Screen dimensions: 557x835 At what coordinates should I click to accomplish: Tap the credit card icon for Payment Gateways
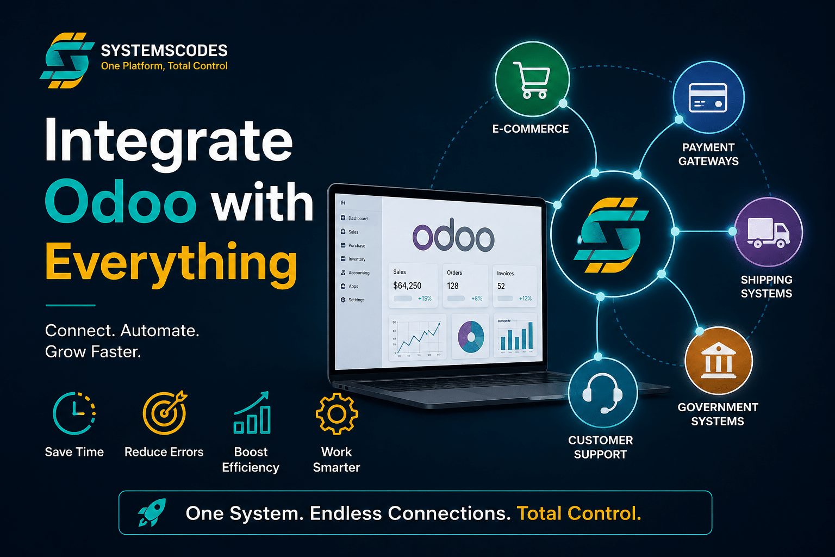click(708, 98)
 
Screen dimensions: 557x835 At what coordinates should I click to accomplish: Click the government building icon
click(719, 360)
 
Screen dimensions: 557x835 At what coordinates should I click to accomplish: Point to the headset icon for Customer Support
click(602, 393)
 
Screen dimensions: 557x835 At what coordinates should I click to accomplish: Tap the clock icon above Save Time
click(74, 413)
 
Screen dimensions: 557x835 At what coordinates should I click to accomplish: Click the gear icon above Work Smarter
click(337, 414)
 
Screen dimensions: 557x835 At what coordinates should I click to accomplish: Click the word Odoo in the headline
click(120, 202)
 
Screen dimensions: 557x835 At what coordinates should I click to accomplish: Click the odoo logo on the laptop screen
click(453, 237)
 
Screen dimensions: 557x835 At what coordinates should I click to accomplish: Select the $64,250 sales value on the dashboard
click(407, 286)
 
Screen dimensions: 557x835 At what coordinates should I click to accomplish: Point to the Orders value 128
click(453, 286)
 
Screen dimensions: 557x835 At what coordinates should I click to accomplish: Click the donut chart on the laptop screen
click(471, 336)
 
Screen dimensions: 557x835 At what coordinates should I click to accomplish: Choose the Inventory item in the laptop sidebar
click(357, 259)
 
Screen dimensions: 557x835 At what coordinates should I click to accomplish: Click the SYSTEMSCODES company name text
click(164, 51)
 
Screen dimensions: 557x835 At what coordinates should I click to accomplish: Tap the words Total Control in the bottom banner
click(578, 513)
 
